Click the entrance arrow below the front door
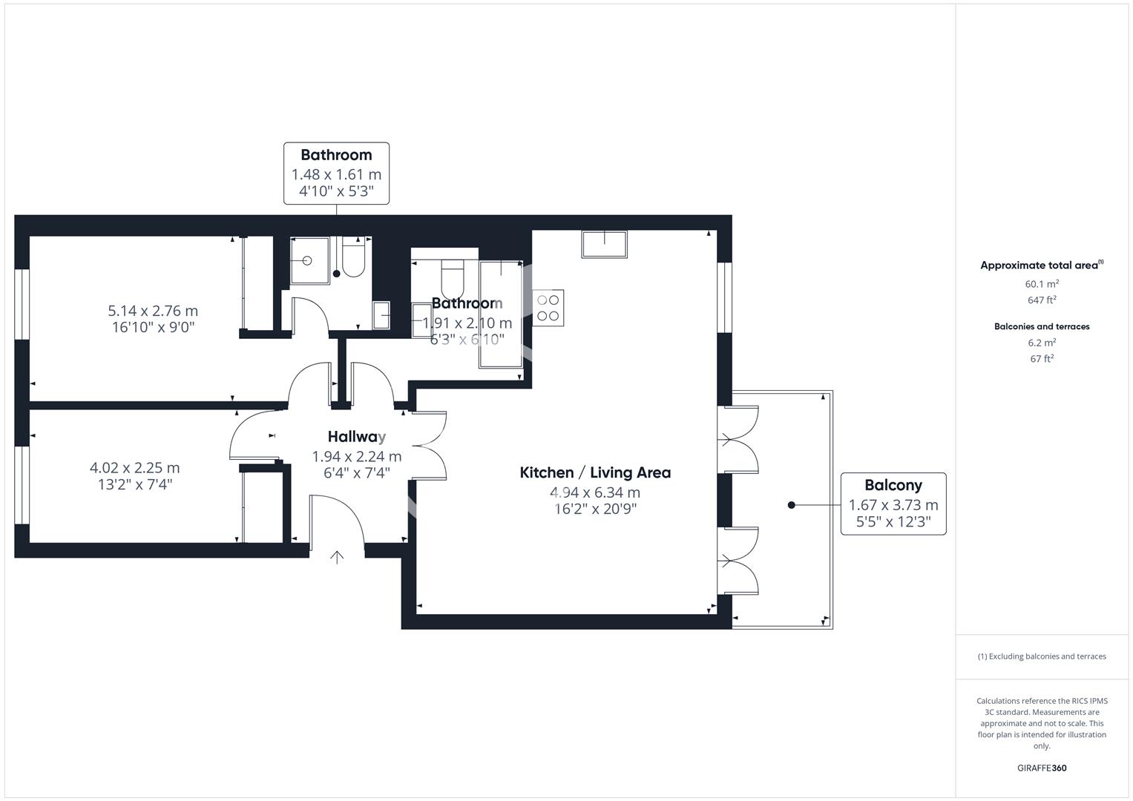click(x=337, y=557)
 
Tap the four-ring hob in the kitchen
click(x=548, y=308)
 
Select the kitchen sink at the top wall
click(x=605, y=244)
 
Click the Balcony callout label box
click(x=893, y=504)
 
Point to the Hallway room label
click(x=357, y=437)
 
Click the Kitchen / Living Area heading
click(x=594, y=472)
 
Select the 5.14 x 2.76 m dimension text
click(x=153, y=311)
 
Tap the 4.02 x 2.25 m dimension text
click(x=134, y=468)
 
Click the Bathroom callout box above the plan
click(x=336, y=174)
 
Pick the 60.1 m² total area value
click(x=1042, y=284)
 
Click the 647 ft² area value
click(x=1042, y=300)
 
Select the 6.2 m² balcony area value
click(x=1042, y=343)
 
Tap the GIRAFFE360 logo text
click(x=1042, y=768)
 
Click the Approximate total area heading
click(x=1041, y=266)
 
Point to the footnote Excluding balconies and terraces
click(x=1042, y=656)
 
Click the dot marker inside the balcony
click(x=792, y=505)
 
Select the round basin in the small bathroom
click(x=307, y=261)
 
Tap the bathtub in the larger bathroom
click(x=501, y=314)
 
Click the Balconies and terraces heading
click(x=1042, y=326)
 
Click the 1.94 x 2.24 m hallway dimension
click(x=357, y=457)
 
